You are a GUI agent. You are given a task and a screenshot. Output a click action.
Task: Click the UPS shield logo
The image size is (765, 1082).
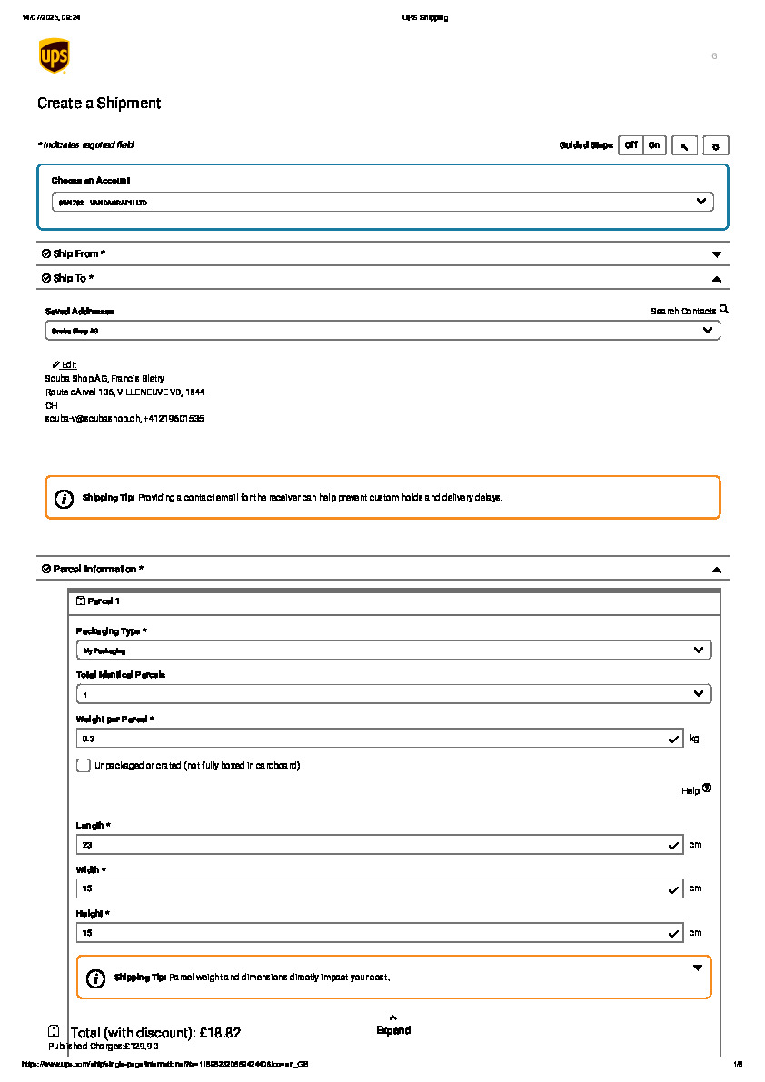coord(54,55)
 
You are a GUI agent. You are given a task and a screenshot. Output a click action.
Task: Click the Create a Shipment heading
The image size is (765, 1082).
coord(99,104)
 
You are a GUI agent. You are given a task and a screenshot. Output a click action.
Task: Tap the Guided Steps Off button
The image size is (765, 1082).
coord(631,145)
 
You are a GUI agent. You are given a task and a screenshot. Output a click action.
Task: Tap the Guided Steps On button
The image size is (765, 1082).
coord(654,145)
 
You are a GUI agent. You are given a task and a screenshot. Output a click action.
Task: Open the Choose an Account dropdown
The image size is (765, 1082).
coord(382,202)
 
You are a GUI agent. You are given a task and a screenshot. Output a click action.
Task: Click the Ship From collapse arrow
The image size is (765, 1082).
coord(716,254)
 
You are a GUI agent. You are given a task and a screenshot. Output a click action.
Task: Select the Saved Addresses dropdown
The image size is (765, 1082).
coord(382,331)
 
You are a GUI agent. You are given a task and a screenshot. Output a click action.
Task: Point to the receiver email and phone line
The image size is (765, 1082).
coord(124,419)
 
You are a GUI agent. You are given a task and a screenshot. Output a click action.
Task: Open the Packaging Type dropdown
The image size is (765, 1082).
coord(393,650)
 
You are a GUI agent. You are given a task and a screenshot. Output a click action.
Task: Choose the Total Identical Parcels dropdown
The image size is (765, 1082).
coord(393,694)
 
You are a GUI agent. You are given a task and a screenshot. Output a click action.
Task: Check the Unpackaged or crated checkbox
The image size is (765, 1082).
coord(84,765)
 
